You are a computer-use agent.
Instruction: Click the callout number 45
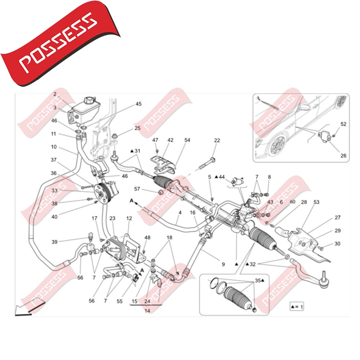[138, 104]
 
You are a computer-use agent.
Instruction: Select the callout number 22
[217, 140]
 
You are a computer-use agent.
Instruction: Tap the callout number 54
[187, 140]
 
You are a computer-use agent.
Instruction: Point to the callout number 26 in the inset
[343, 156]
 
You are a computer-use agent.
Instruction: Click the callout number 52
[343, 124]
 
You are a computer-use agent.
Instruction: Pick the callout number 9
[223, 264]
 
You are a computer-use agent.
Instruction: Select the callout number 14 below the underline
[147, 311]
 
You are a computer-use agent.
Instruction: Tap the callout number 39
[54, 242]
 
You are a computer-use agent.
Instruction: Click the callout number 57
[137, 189]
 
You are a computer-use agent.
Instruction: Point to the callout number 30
[337, 244]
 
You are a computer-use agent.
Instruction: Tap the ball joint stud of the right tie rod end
[323, 275]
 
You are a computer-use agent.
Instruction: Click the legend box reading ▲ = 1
[297, 307]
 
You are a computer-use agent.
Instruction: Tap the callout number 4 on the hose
[180, 212]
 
